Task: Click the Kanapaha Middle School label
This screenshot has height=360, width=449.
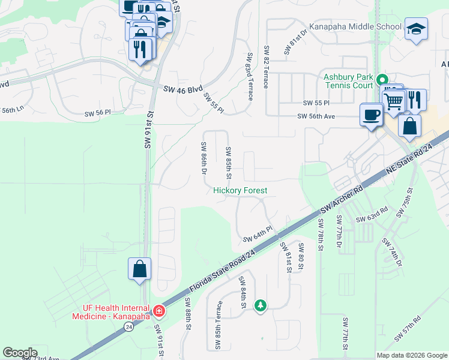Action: coord(355,27)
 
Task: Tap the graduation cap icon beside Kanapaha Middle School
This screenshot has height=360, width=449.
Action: coord(415,29)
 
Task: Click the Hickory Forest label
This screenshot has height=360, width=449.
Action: coord(240,190)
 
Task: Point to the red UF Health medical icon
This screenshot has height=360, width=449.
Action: coord(158,310)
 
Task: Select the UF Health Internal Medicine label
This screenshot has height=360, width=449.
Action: coord(112,311)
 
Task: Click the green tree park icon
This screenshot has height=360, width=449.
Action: coord(260,305)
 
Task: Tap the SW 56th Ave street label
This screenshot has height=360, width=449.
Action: coord(322,118)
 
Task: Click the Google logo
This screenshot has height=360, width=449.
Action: coord(20,353)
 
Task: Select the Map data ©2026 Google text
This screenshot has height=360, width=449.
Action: coord(411,355)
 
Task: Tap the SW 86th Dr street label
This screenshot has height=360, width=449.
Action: coord(204,158)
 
